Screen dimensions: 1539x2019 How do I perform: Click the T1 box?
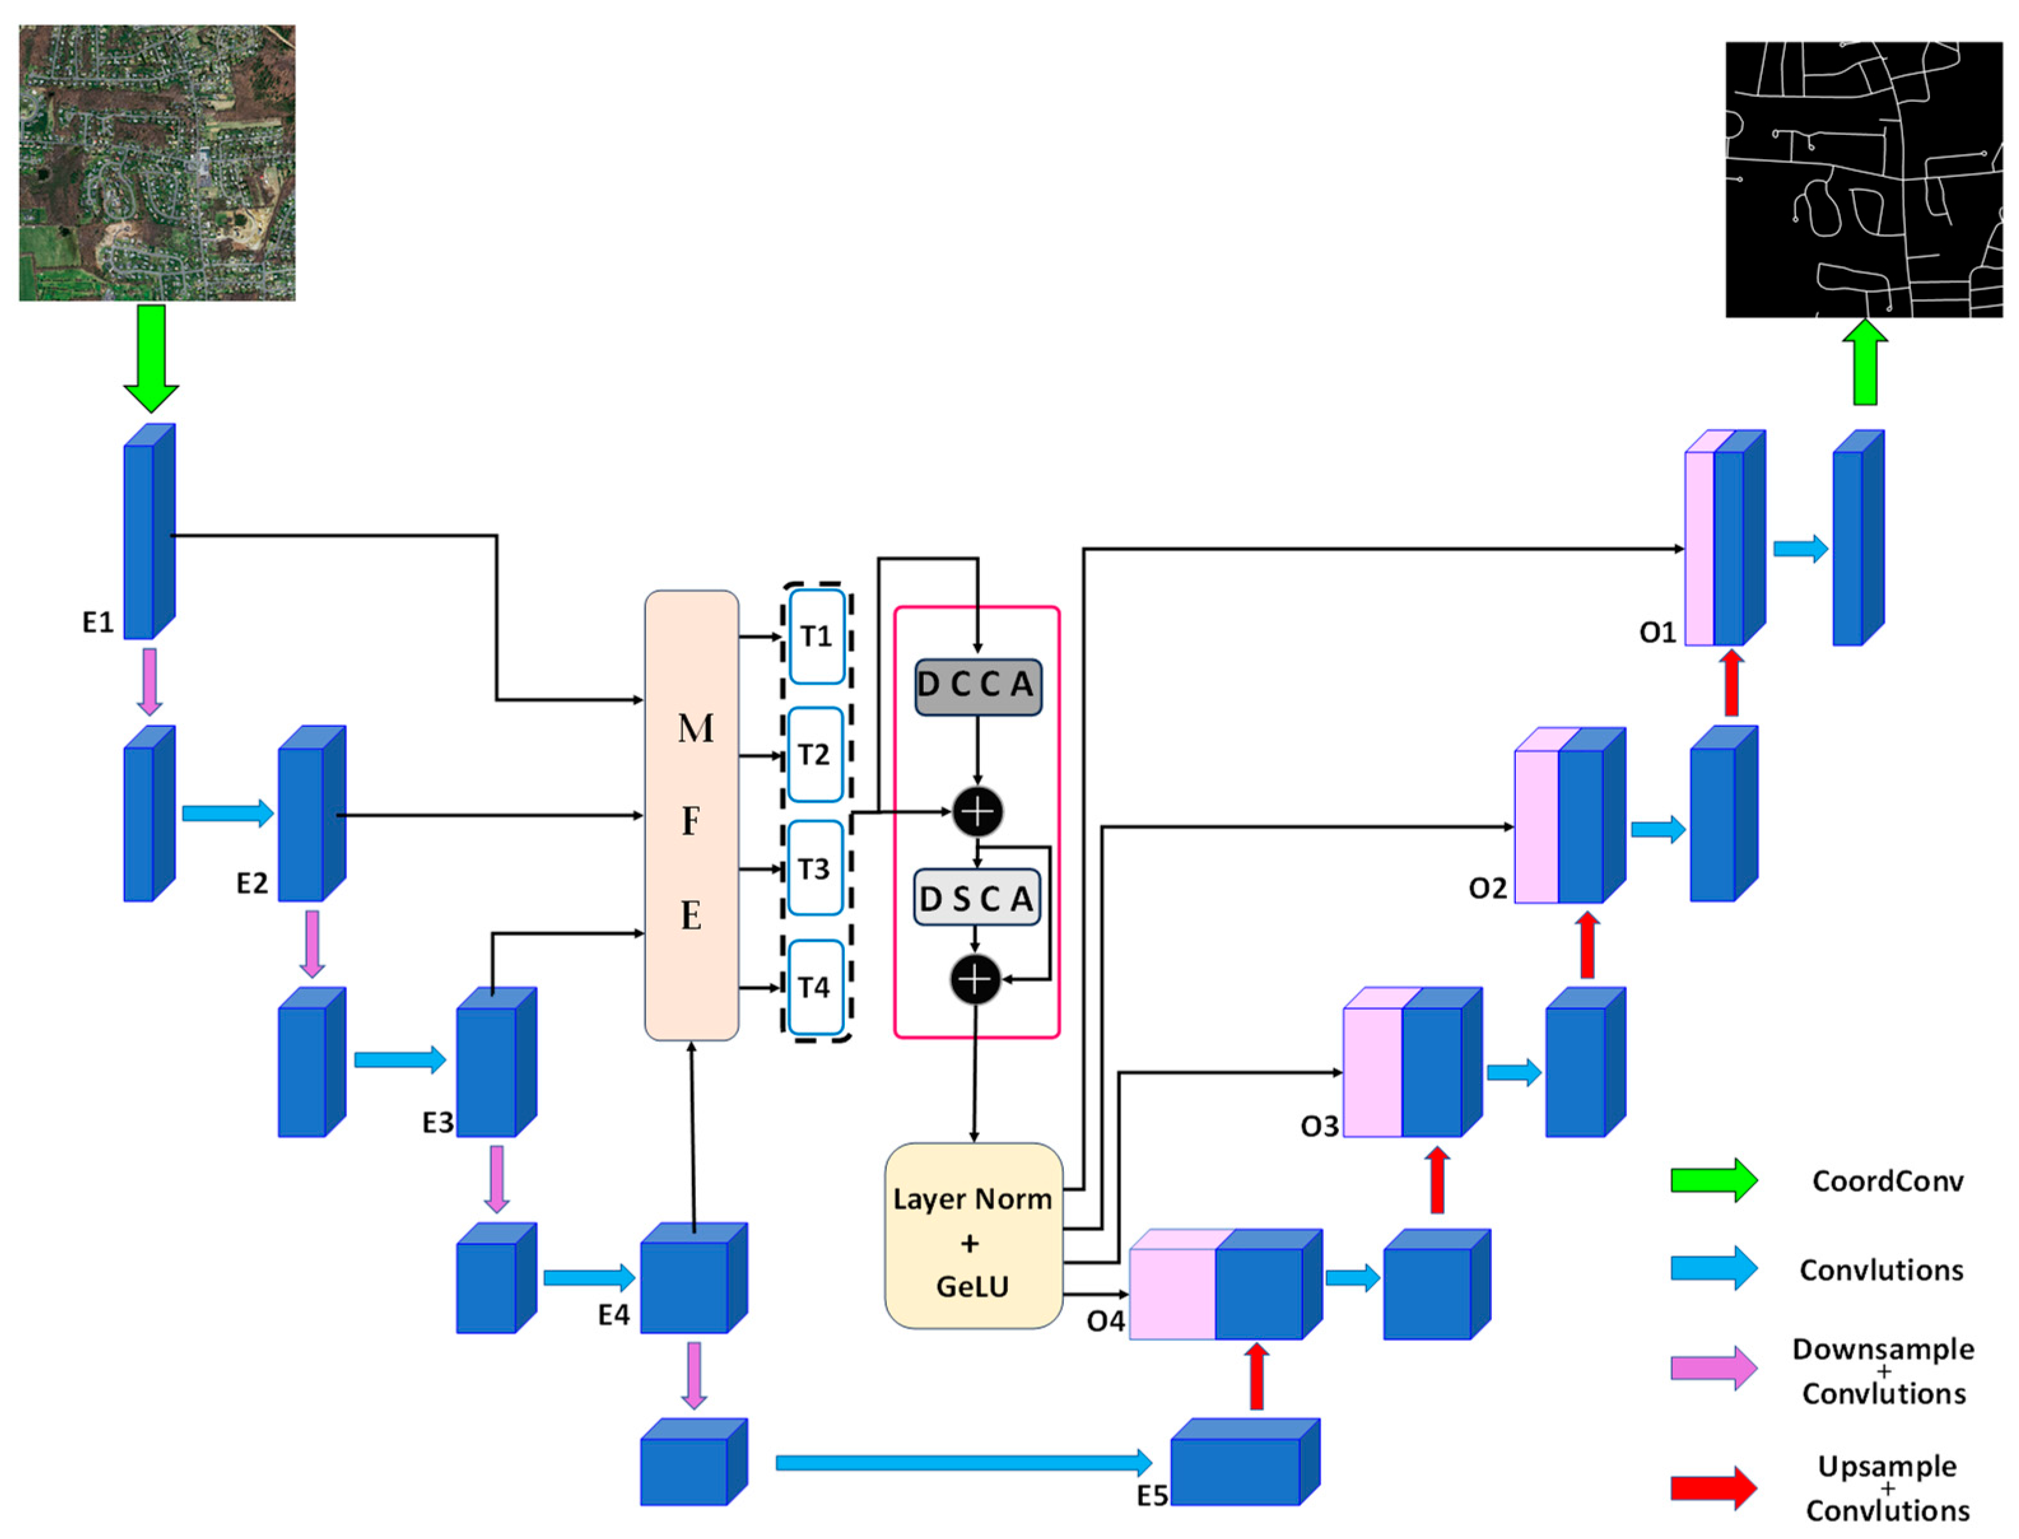pos(816,636)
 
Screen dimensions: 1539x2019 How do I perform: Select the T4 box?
pos(814,988)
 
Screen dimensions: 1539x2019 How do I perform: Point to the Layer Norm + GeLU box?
pos(972,1236)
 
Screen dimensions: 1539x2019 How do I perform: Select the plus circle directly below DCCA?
pos(977,811)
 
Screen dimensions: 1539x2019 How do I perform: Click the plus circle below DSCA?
pos(975,980)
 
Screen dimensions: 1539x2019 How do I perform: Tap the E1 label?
pos(98,623)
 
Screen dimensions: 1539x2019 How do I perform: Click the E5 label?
pos(1152,1496)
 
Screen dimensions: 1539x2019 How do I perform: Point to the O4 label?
pos(1105,1321)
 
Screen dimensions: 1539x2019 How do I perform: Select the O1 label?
pos(1657,632)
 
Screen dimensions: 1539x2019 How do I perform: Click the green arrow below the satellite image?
pos(152,357)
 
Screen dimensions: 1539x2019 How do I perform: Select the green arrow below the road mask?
pos(1864,363)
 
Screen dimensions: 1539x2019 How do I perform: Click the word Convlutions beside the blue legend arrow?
pos(1881,1270)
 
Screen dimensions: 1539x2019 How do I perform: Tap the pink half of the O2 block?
pos(1536,826)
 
